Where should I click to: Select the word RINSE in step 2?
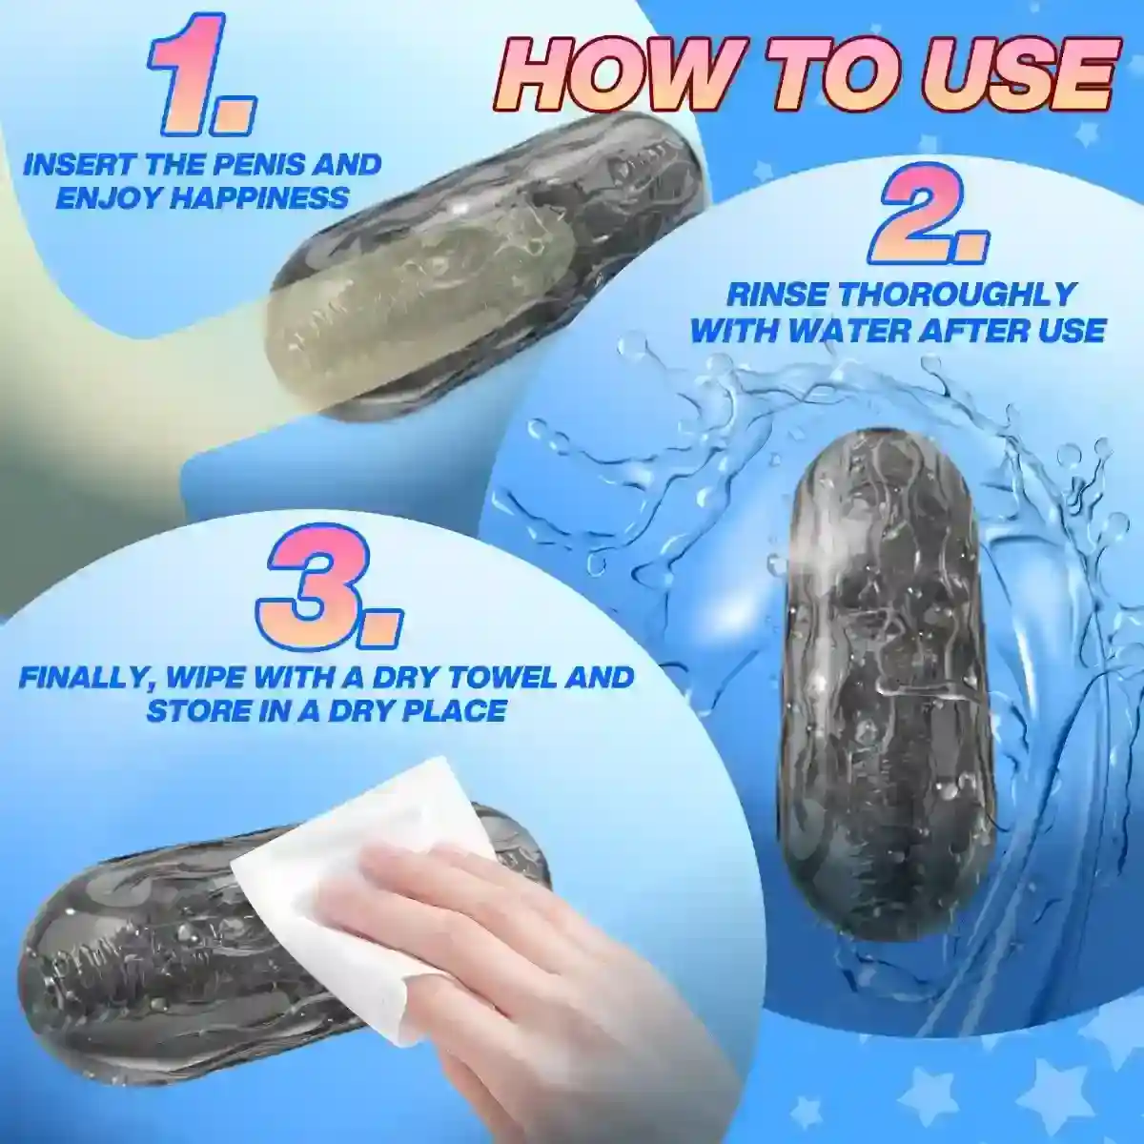[x=776, y=295]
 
